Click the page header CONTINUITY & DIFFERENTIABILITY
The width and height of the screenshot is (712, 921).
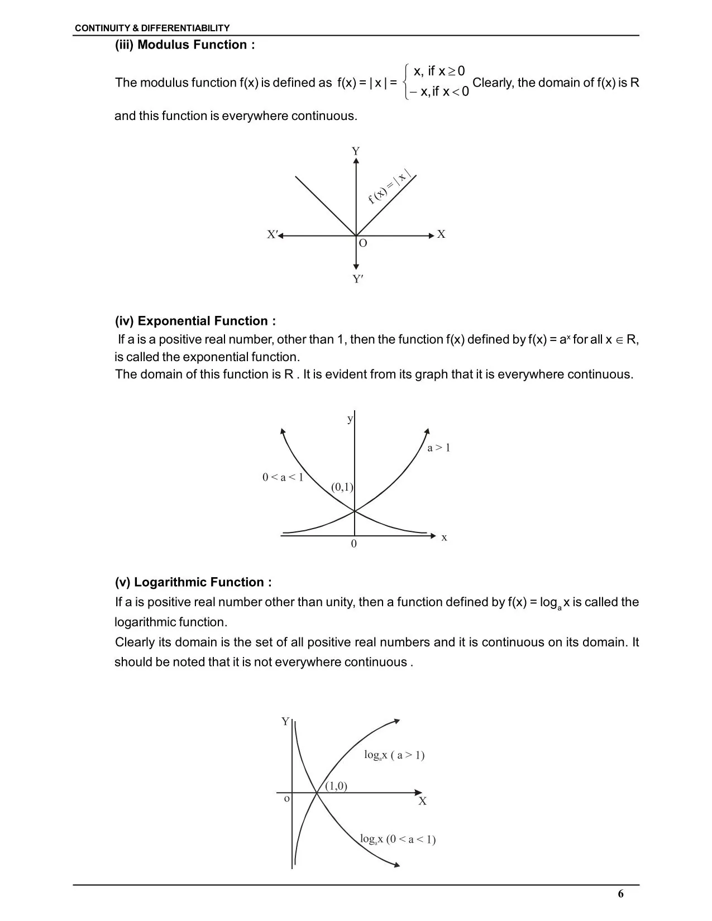click(x=152, y=28)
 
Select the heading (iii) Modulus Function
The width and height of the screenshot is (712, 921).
click(x=185, y=45)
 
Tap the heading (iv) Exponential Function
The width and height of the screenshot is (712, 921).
click(x=195, y=321)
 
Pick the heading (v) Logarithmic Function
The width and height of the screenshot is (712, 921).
click(x=193, y=582)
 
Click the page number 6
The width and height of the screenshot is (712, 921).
click(x=621, y=894)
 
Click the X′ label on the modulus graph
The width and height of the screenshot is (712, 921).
click(x=272, y=234)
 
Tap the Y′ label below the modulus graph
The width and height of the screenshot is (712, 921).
click(x=358, y=279)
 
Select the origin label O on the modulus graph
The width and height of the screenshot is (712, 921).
click(x=363, y=243)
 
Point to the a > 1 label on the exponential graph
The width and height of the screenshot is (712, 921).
click(x=438, y=448)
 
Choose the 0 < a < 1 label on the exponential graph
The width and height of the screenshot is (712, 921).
click(x=283, y=477)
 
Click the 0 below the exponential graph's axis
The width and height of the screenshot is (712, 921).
click(x=353, y=544)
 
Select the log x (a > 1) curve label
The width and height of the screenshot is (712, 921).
click(x=394, y=755)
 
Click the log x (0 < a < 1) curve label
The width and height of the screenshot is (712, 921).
click(x=398, y=839)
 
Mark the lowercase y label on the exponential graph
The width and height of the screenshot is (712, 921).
click(x=350, y=419)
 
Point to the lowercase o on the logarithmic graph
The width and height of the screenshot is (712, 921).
click(x=287, y=799)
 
